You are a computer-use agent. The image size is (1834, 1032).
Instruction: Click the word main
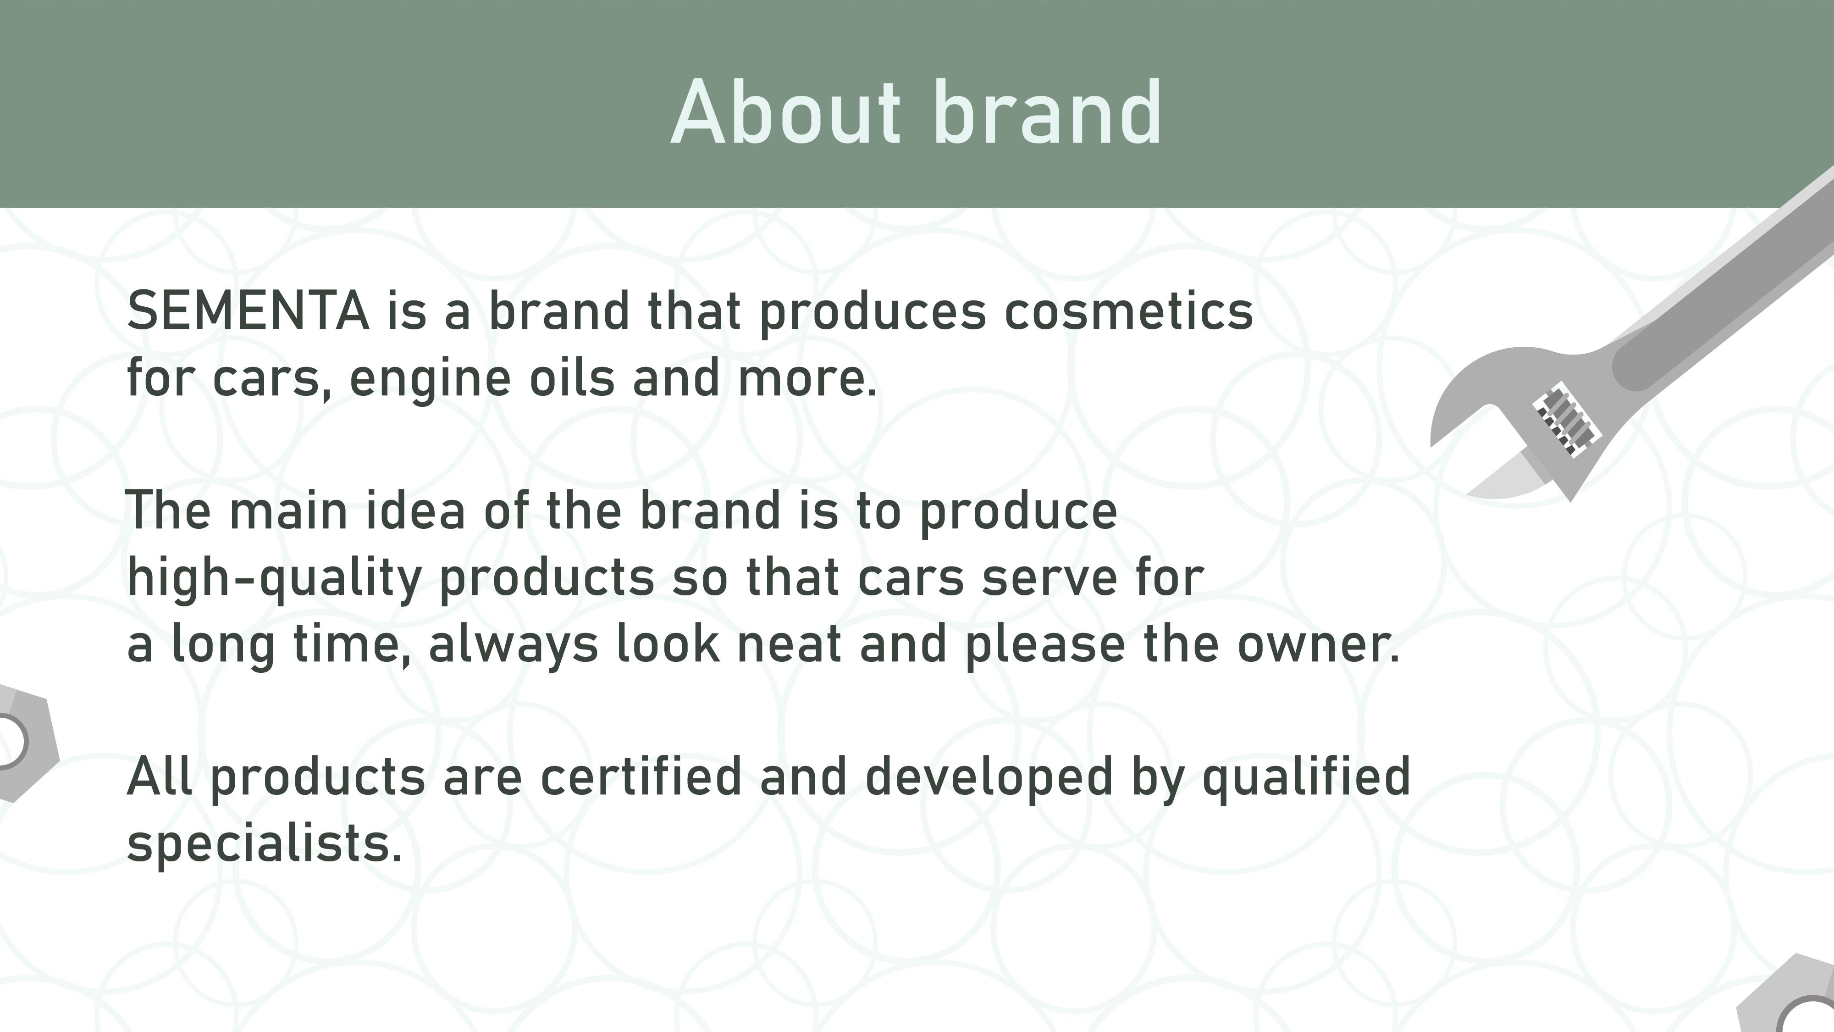288,510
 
